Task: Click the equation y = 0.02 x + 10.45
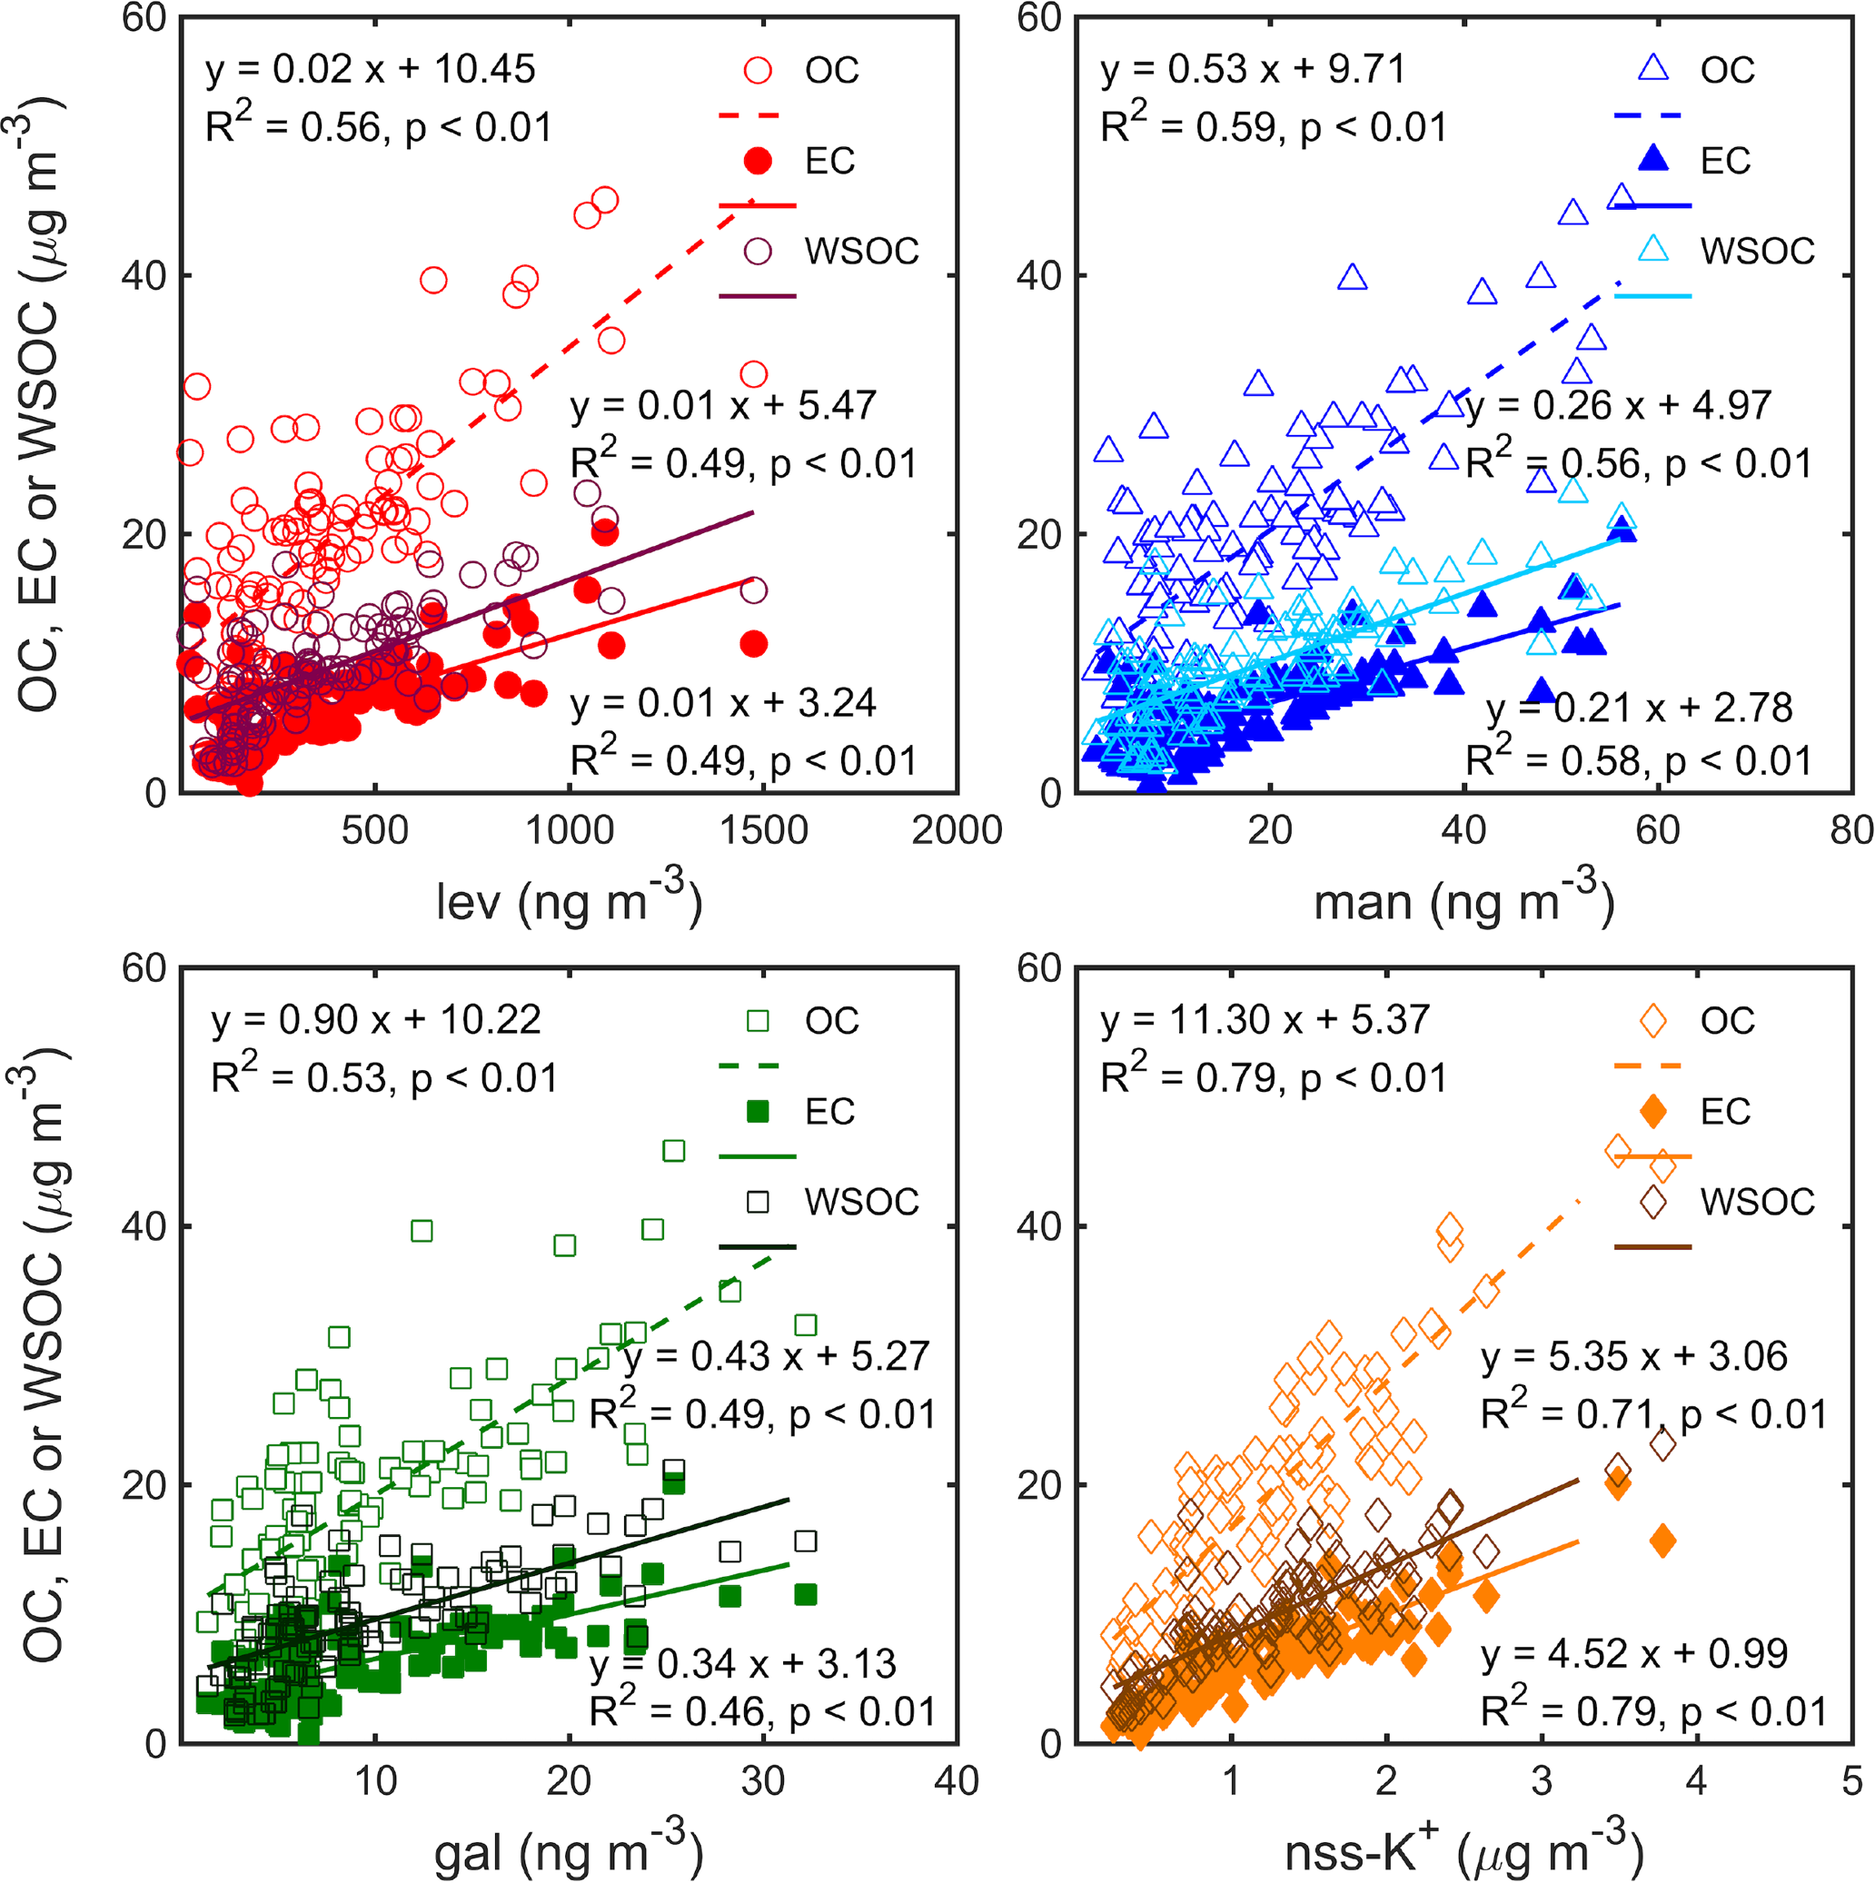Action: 370,70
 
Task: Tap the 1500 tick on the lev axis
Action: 763,830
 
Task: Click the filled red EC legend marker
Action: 758,161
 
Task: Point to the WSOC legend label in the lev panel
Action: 861,252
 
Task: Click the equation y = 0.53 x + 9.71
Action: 1254,70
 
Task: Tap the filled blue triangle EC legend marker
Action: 1653,159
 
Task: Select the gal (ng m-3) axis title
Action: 568,1852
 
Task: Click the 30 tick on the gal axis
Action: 763,1781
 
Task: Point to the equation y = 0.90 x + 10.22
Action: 375,1020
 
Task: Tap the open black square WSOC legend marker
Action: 758,1202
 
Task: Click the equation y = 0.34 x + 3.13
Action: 742,1664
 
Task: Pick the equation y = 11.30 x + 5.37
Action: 1265,1020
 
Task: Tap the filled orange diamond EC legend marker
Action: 1653,1111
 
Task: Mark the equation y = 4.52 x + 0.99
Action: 1634,1654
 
